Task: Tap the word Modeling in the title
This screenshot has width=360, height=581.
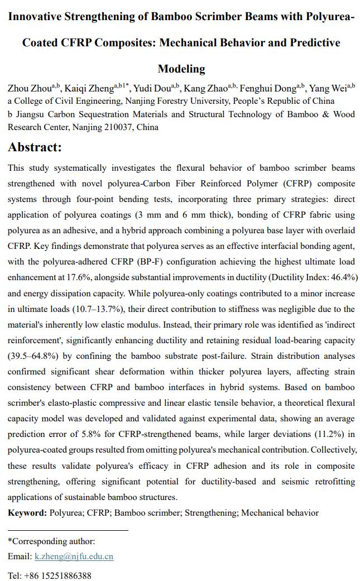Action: [x=181, y=69]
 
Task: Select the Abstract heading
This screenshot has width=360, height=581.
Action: [x=35, y=147]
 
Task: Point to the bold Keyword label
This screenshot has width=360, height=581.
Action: [x=27, y=512]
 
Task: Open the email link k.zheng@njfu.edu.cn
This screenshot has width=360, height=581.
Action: [x=74, y=556]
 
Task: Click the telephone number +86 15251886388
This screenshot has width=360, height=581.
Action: [x=57, y=575]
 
